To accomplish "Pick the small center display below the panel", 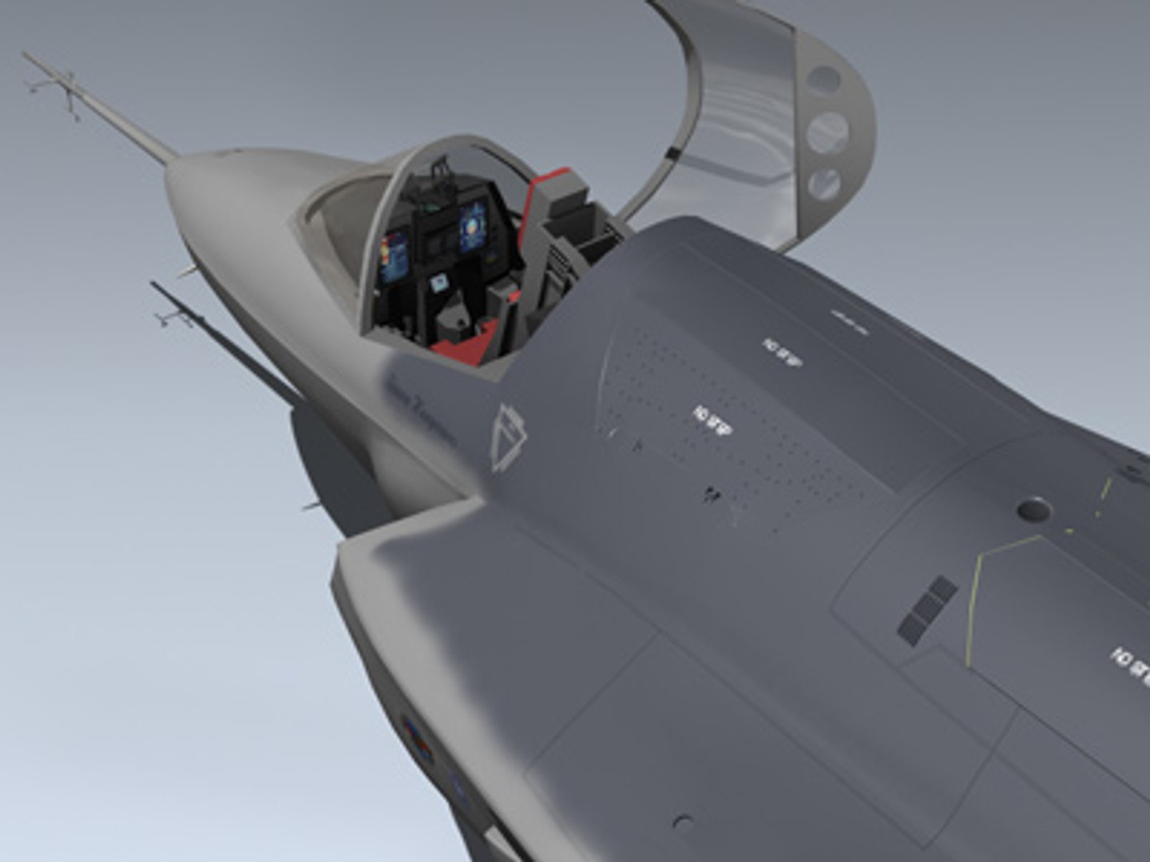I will pos(438,283).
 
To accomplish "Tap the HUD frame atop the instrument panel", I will pos(438,173).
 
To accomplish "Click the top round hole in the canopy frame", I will pos(824,79).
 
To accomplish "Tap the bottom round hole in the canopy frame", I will pos(824,184).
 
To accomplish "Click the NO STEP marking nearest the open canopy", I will pos(782,350).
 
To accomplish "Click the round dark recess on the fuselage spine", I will pos(1033,508).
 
